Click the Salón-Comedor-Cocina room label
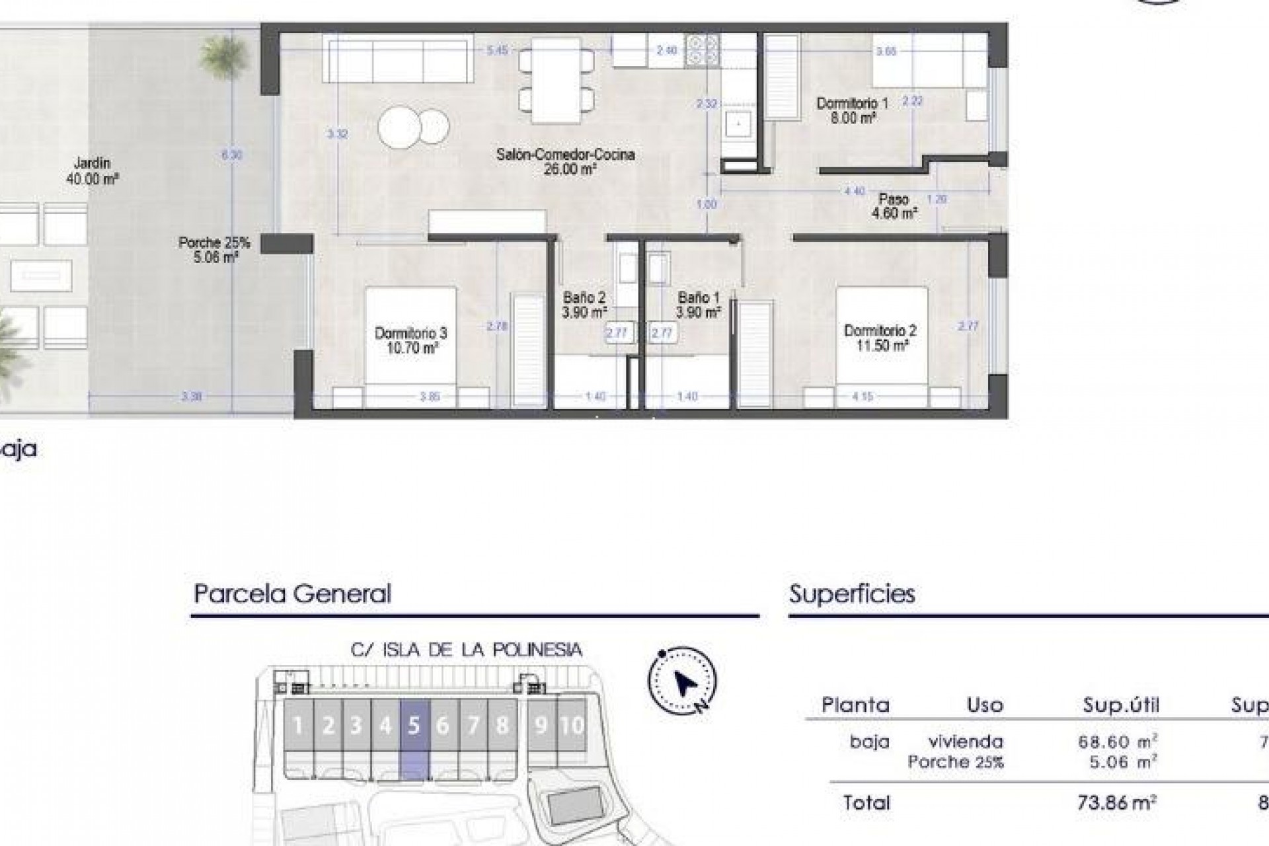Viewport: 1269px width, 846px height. pos(566,155)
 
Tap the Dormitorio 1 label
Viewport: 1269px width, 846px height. pos(852,104)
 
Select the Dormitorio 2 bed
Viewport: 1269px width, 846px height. pos(882,337)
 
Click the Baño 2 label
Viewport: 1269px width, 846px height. pos(584,298)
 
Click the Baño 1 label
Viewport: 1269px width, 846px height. pos(698,298)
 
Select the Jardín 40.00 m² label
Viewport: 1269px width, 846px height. pos(92,171)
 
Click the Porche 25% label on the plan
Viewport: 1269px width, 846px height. pos(214,243)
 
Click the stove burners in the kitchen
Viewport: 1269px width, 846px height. pos(702,50)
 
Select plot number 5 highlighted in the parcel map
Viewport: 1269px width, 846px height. pos(414,726)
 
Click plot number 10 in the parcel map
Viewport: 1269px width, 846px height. pos(572,726)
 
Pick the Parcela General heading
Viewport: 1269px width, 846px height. pos(292,594)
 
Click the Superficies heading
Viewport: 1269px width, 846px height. pos(852,594)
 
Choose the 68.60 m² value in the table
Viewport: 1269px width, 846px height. pos(1117,742)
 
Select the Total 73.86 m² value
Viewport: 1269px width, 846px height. pos(1117,803)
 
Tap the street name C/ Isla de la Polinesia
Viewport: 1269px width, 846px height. pos(467,650)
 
